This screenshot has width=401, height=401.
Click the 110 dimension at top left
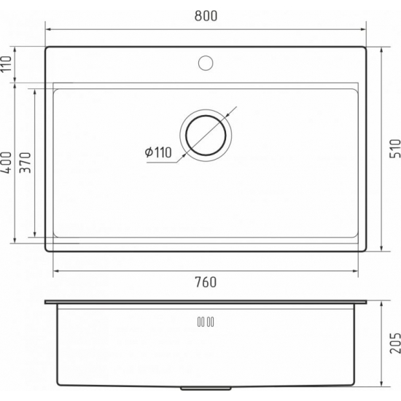pyautogui.click(x=7, y=65)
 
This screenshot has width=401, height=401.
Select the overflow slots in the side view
pyautogui.click(x=205, y=321)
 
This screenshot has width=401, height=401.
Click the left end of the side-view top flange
pyautogui.click(x=46, y=301)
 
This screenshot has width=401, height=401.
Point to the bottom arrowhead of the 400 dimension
pyautogui.click(x=16, y=240)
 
